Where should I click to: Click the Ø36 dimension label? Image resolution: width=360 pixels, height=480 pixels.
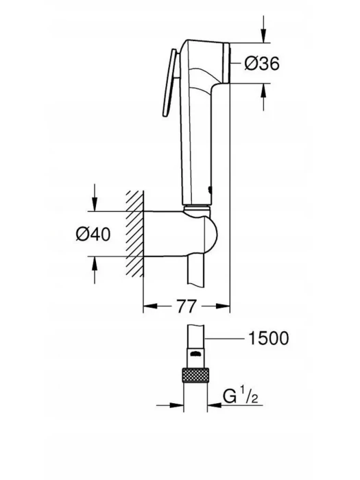pos(262,64)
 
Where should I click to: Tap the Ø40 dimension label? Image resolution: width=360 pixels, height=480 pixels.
pos(93,235)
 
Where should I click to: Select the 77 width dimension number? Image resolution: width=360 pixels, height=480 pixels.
pos(186,306)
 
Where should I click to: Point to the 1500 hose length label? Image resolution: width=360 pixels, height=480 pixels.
pos(269,338)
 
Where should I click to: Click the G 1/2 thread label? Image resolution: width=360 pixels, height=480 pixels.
pos(240,396)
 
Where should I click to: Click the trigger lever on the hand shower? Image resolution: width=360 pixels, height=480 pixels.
pos(169,83)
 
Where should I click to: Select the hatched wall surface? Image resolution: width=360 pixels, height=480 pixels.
pos(134,233)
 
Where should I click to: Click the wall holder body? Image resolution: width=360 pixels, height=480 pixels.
pos(180,233)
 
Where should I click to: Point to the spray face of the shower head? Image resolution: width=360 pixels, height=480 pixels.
pos(226,62)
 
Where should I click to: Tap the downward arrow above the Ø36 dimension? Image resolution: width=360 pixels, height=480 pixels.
pos(263,28)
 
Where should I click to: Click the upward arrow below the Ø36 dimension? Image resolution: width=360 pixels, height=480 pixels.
pos(263,97)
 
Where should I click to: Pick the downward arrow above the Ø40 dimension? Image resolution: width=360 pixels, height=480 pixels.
pos(95,197)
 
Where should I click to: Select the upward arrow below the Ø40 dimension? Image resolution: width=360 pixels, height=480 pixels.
pos(95,270)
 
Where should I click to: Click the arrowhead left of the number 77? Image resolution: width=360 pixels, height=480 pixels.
pos(150,306)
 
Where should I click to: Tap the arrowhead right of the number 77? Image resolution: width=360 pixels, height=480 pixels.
pos(223,306)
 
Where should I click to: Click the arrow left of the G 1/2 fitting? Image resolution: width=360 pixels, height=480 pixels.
pos(170,405)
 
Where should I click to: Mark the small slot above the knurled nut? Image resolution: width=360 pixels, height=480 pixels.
pos(195,355)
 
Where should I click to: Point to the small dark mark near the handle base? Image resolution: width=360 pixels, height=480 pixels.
pos(209,191)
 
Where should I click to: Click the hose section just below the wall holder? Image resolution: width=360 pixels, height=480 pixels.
pos(195,272)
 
